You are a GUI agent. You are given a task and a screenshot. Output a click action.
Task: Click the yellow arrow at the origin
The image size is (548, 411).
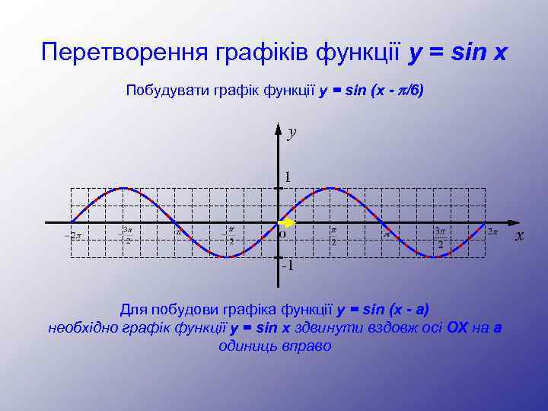pyautogui.click(x=287, y=223)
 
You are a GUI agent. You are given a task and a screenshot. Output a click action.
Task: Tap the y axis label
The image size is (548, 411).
pyautogui.click(x=292, y=133)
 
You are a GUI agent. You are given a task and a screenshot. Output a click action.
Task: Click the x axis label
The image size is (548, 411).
pyautogui.click(x=520, y=236)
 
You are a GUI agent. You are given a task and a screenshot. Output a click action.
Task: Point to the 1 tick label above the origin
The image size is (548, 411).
pyautogui.click(x=288, y=177)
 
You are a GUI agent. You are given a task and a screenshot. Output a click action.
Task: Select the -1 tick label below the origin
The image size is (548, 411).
pyautogui.click(x=288, y=267)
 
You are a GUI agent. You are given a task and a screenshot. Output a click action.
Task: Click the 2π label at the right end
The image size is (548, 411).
pyautogui.click(x=493, y=231)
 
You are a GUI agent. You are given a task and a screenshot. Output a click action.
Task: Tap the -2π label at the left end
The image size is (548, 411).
pyautogui.click(x=72, y=236)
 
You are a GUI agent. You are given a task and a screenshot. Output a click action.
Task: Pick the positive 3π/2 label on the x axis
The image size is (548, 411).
pyautogui.click(x=439, y=237)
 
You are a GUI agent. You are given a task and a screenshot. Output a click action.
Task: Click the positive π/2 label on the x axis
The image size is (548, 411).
pyautogui.click(x=333, y=235)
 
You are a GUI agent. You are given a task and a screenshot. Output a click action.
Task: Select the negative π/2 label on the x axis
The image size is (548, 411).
pyautogui.click(x=229, y=235)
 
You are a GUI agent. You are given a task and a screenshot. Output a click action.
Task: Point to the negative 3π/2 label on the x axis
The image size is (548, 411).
pyautogui.click(x=127, y=235)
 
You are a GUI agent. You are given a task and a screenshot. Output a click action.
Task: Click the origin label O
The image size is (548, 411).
pyautogui.click(x=282, y=234)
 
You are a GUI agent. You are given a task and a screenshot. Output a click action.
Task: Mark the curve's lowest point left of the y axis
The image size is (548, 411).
pyautogui.click(x=226, y=257)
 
